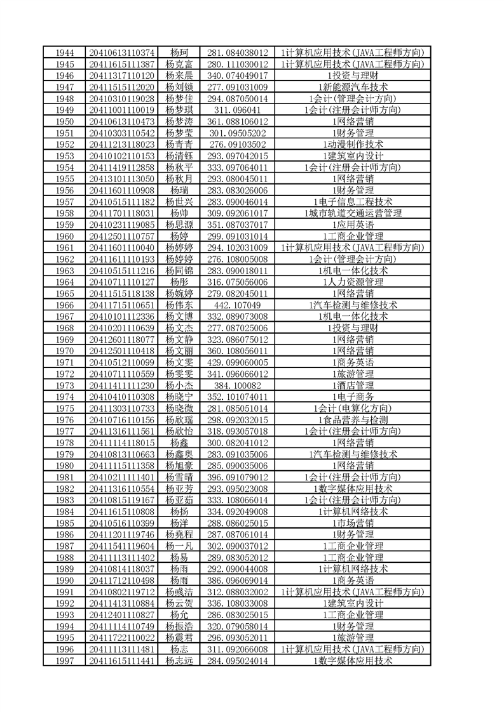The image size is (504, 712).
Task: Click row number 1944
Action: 64,53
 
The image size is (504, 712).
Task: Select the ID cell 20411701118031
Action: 122,213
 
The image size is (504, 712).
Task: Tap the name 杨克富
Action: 179,64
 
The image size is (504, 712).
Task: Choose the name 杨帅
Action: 179,213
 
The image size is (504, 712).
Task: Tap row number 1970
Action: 64,350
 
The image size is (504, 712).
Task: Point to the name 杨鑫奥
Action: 179,454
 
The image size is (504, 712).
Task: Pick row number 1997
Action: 64,660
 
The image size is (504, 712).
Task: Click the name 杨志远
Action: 179,660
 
